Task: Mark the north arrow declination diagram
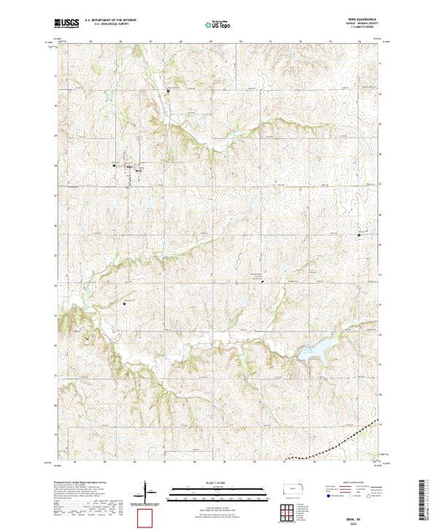tap(148, 489)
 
